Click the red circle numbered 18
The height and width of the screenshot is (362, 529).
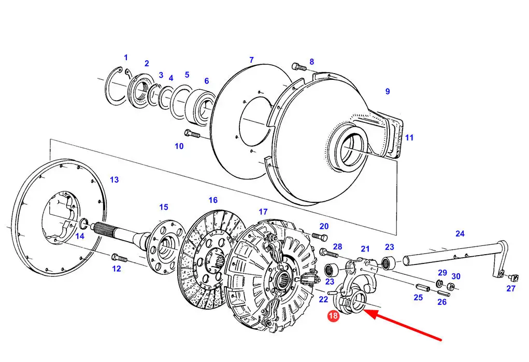click(x=333, y=316)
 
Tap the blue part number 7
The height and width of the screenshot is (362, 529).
click(x=251, y=60)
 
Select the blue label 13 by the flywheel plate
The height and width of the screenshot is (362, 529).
click(x=115, y=179)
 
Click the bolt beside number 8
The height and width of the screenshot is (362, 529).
click(x=299, y=66)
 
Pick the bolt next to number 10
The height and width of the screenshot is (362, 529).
click(x=192, y=133)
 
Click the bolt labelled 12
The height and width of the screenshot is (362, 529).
click(x=119, y=258)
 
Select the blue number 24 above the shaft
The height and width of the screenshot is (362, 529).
click(x=460, y=233)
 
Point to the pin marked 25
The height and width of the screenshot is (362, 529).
click(x=422, y=288)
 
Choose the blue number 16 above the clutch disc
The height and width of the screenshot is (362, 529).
click(x=213, y=200)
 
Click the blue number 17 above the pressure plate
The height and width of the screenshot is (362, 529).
click(x=263, y=212)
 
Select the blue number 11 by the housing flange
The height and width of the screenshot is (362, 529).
click(x=409, y=137)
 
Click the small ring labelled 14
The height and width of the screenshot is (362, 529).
click(x=83, y=223)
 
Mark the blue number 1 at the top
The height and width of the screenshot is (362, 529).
click(x=126, y=58)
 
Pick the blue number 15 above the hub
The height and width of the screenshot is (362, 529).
click(x=164, y=207)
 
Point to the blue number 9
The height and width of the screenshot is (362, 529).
click(x=388, y=91)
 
